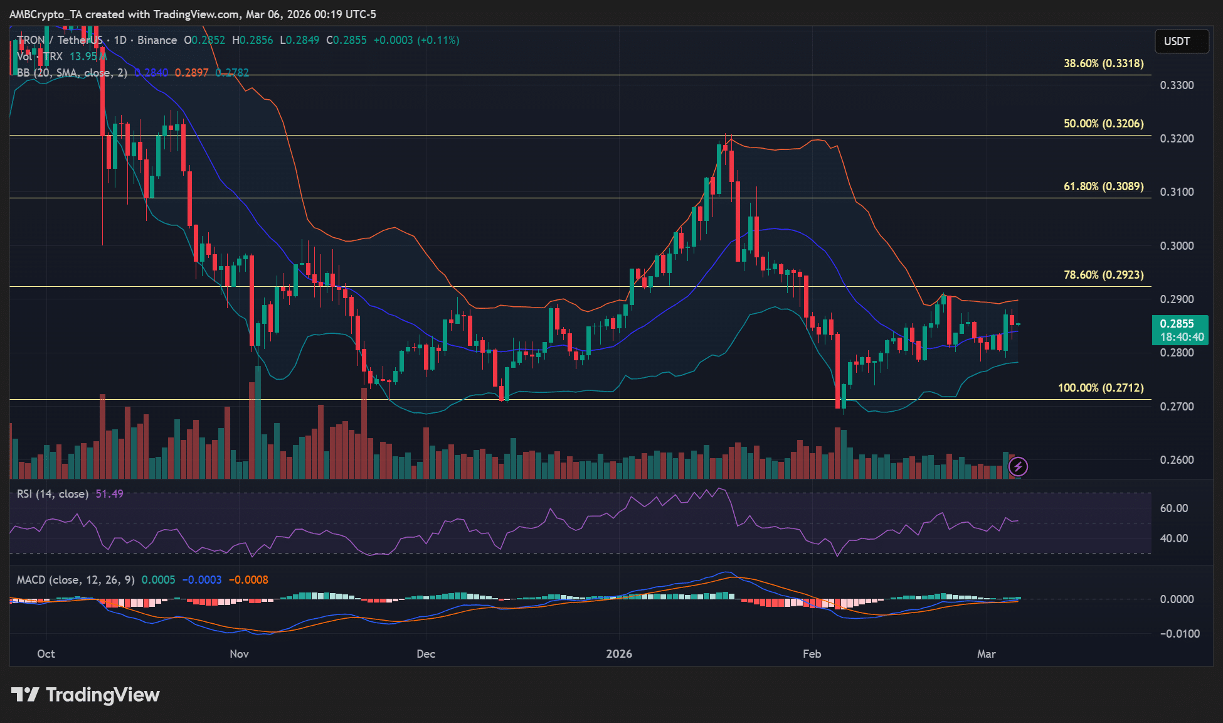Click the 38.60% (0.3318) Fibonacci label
(1103, 63)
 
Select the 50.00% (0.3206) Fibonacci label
(1103, 124)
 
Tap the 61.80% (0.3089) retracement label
(1103, 186)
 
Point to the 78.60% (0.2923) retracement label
(1103, 275)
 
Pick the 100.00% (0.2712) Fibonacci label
(1101, 388)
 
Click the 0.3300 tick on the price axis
(1177, 85)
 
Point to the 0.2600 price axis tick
(1177, 460)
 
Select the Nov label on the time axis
(239, 654)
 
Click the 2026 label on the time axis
(619, 654)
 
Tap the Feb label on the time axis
(812, 654)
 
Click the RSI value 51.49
(109, 494)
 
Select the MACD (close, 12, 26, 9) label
(75, 580)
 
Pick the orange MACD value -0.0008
(248, 580)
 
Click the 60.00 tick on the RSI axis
(1173, 508)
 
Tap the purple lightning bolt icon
(1017, 466)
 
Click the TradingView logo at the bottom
(85, 695)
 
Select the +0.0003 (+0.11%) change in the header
(416, 40)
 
